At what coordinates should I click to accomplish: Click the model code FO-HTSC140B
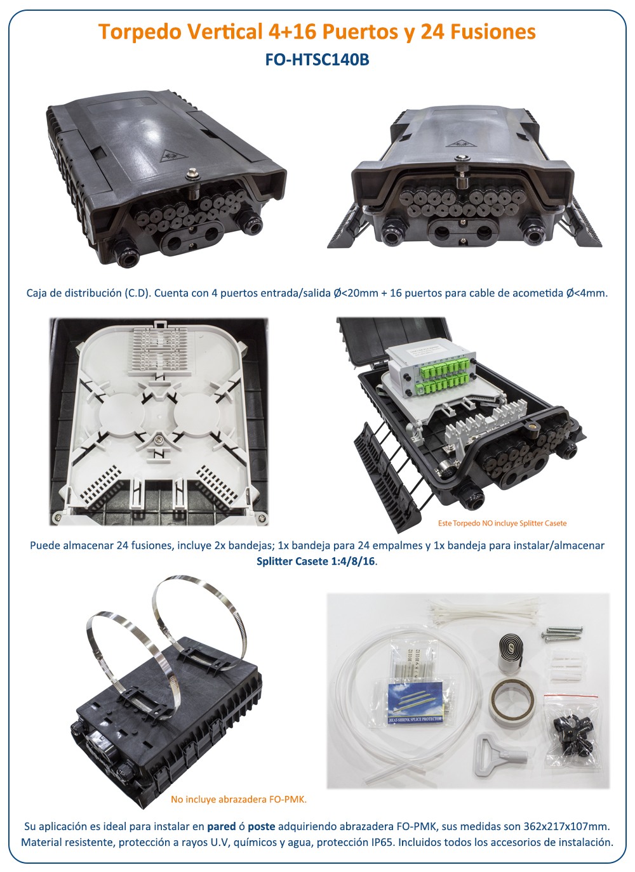(317, 60)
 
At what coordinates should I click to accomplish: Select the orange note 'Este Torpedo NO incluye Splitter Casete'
(502, 523)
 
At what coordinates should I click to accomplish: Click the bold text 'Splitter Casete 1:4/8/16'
(316, 562)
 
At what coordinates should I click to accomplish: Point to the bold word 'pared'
(221, 826)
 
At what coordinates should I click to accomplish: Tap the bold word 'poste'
(262, 826)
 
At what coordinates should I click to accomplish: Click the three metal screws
(562, 633)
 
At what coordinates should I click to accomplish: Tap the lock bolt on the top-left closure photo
(192, 175)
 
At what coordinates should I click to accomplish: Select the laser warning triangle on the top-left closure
(173, 156)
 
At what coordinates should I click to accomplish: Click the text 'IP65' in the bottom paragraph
(382, 842)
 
